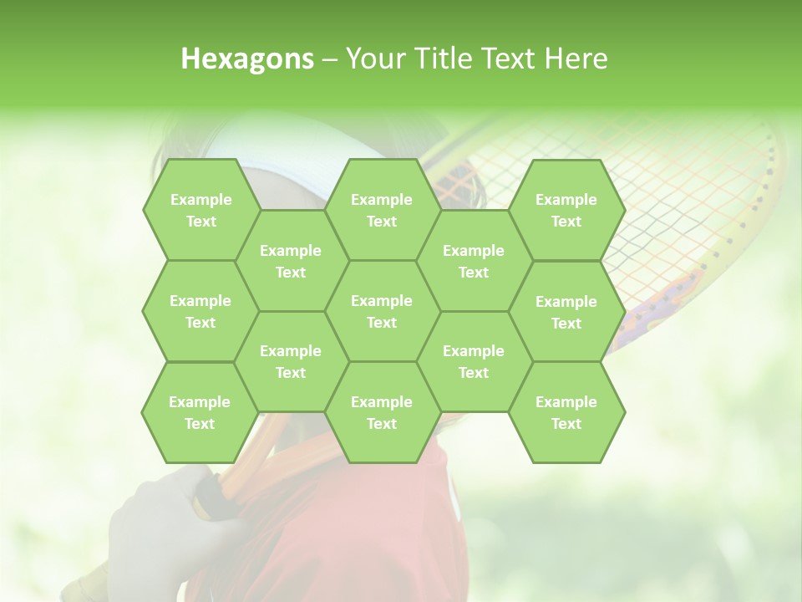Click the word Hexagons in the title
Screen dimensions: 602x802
247,59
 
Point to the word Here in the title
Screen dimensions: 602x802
576,59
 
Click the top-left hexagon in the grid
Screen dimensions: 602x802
200,210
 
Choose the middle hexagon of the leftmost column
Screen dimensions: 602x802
200,311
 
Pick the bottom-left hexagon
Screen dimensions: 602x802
200,412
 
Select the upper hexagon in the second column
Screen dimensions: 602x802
291,261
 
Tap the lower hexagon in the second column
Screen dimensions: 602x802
291,361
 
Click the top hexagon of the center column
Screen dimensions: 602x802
382,210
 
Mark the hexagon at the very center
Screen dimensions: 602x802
382,311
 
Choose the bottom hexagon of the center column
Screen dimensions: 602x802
382,412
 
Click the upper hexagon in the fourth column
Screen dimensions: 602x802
474,261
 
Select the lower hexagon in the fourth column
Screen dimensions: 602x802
474,361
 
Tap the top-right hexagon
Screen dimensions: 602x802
566,210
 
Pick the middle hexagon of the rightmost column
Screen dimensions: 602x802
566,312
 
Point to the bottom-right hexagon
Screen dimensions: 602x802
566,412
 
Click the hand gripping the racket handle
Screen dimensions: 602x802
159,518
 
